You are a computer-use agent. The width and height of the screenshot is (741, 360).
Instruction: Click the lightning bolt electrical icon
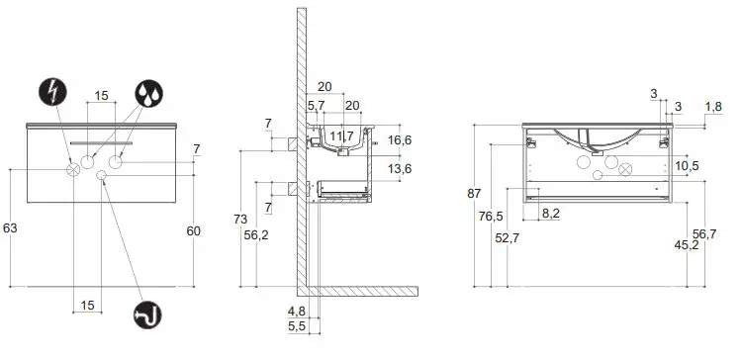52,94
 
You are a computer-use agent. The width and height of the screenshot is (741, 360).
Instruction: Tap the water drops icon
148,93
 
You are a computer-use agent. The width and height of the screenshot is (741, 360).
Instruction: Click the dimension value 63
11,227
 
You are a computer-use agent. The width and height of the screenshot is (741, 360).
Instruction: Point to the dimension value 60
195,230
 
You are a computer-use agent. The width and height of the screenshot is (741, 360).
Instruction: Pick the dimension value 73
240,218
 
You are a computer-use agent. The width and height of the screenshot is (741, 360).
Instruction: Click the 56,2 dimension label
256,234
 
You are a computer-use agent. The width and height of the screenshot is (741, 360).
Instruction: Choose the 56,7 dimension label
703,233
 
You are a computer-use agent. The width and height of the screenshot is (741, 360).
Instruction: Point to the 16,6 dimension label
400,140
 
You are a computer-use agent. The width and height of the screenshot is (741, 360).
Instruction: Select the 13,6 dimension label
400,169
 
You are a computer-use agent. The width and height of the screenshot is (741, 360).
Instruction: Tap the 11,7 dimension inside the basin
341,135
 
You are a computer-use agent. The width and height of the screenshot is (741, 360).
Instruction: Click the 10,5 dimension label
688,165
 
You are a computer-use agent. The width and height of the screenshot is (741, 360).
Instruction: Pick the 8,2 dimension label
551,213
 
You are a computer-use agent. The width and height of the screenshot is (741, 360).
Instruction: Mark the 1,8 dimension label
712,106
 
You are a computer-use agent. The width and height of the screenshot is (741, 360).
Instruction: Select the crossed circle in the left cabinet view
73,169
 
